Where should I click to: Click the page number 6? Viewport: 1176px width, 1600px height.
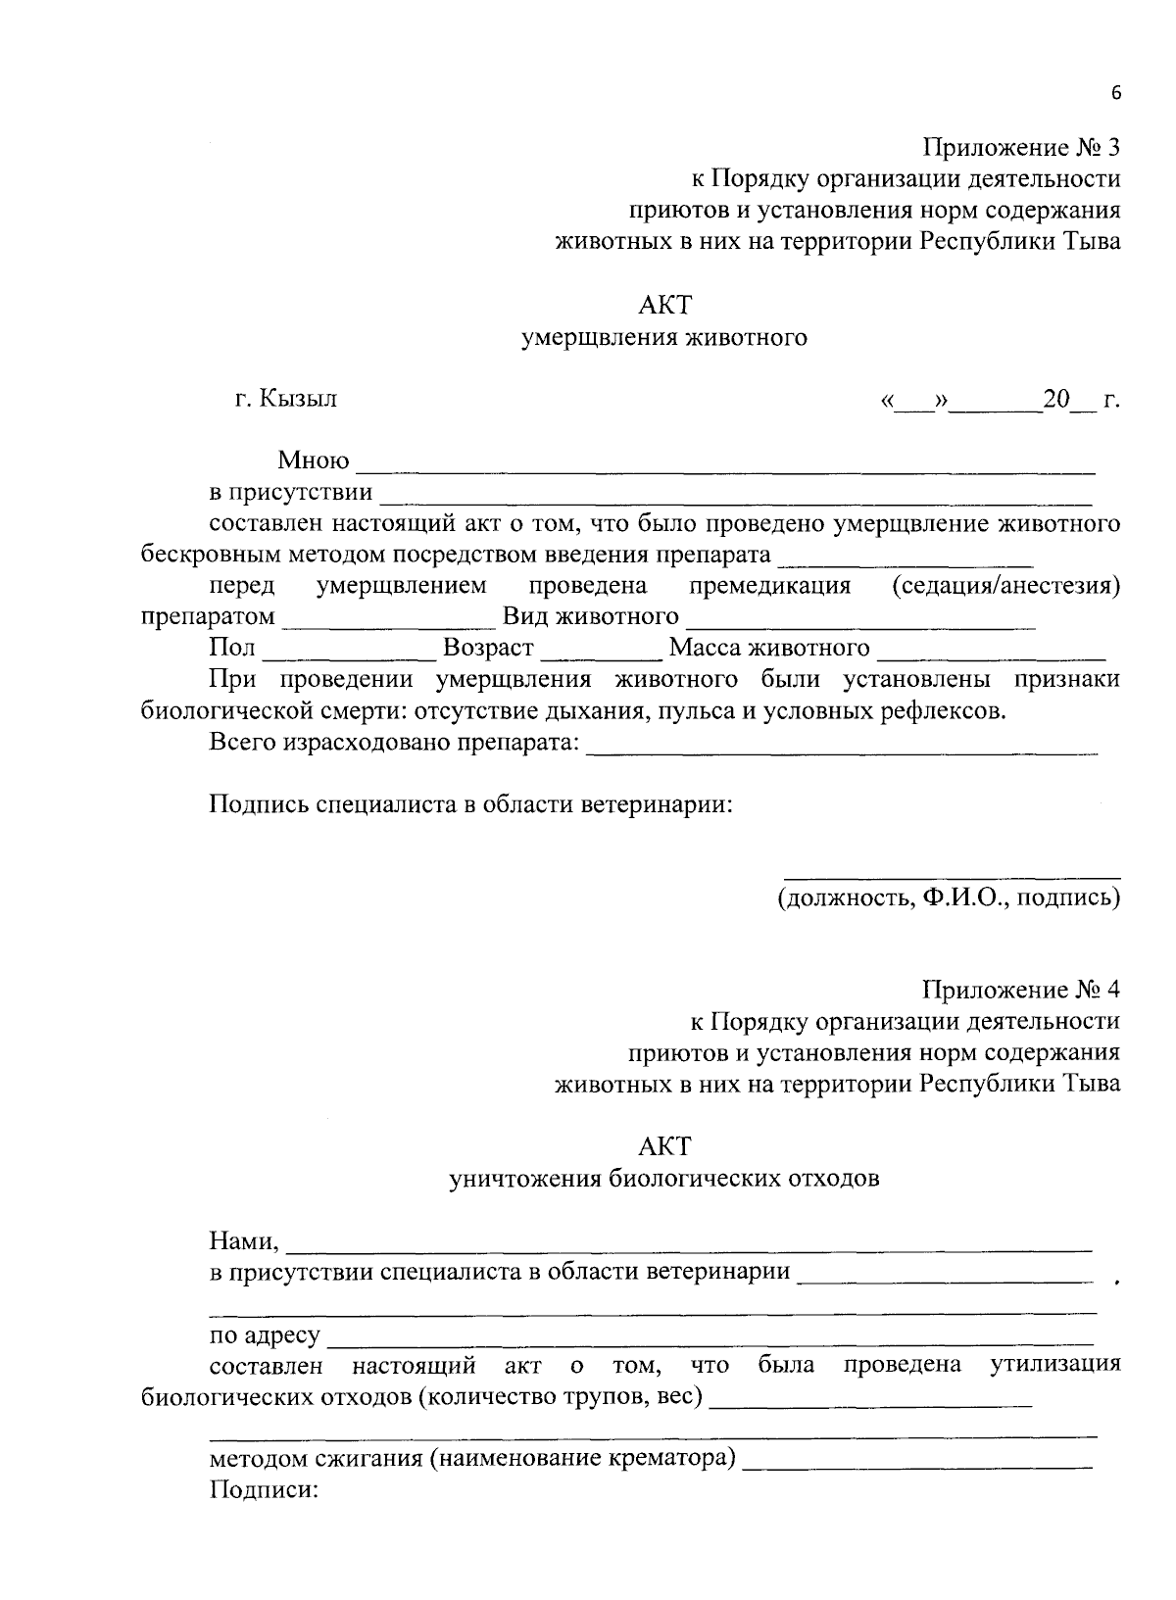1114,93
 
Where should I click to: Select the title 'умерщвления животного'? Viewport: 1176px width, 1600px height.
664,339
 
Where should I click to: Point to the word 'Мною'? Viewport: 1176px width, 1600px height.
314,461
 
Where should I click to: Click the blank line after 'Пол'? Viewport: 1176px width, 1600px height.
349,651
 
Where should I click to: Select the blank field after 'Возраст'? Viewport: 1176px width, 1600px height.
601,651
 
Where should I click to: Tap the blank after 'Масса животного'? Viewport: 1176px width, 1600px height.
992,651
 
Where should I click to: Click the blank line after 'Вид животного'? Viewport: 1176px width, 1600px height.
860,619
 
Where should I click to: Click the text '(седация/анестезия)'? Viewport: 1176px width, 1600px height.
1005,587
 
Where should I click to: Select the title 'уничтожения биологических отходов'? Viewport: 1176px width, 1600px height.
664,1179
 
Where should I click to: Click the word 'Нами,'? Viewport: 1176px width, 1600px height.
245,1242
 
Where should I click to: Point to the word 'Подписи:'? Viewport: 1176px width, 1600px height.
259,1491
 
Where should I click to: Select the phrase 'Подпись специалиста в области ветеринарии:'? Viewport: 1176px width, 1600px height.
470,805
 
